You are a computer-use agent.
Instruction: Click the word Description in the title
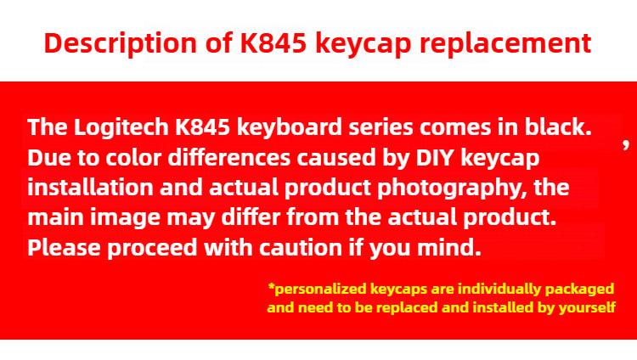[121, 43]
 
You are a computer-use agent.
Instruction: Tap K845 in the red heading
[273, 42]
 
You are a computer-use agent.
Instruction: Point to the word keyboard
[290, 127]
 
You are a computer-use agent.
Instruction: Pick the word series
[381, 127]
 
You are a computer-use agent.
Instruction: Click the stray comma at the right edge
[626, 144]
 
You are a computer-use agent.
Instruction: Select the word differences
[229, 157]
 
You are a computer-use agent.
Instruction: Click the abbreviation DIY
[435, 158]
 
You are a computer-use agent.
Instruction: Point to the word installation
[91, 188]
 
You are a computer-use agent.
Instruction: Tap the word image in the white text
[125, 218]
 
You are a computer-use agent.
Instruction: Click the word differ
[251, 217]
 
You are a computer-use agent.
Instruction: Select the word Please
[64, 247]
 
